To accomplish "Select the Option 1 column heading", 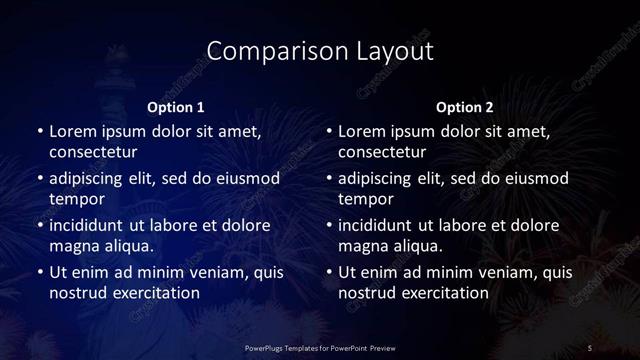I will (x=176, y=107).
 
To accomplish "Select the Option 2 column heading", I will (x=465, y=107).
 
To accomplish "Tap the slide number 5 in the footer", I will (x=590, y=347).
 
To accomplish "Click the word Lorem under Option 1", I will (x=74, y=131).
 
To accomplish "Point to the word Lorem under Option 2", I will (x=363, y=131).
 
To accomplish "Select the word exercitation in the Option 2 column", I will (x=439, y=293).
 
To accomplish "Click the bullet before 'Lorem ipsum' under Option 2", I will (x=329, y=131).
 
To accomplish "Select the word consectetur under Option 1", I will (x=92, y=152).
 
